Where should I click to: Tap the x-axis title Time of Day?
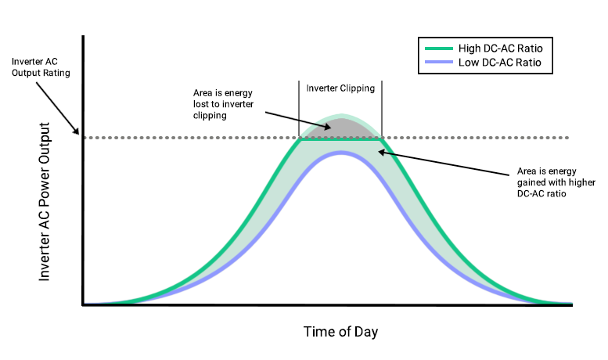(x=340, y=332)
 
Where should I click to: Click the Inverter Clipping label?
(x=340, y=88)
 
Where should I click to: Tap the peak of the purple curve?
(x=340, y=152)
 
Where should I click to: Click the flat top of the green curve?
(x=340, y=139)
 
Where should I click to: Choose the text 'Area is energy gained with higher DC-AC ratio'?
(x=545, y=182)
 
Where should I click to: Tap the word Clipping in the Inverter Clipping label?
(x=357, y=88)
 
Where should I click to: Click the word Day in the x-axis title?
(x=365, y=332)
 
